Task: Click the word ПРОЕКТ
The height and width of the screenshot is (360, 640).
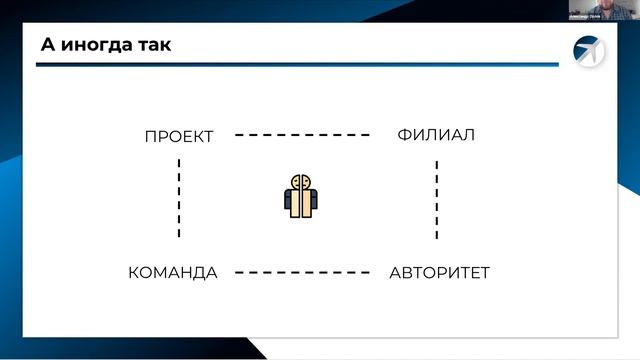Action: click(x=179, y=137)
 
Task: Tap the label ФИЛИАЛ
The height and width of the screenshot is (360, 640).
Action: click(x=435, y=135)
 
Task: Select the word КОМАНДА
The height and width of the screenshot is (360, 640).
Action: click(x=173, y=272)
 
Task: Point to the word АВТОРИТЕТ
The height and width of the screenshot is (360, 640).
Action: click(x=439, y=272)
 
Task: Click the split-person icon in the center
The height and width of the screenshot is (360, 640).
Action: click(x=300, y=196)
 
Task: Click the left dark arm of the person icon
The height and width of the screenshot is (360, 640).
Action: click(x=287, y=202)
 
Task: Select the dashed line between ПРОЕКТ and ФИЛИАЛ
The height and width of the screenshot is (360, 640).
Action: click(x=303, y=135)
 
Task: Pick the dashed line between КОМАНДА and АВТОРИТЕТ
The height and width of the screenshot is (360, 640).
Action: click(x=303, y=272)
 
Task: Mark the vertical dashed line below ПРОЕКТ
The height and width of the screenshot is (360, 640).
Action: click(x=179, y=197)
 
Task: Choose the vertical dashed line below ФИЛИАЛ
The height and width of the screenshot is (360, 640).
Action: click(x=436, y=200)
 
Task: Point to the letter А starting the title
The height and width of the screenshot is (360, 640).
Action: click(x=47, y=45)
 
